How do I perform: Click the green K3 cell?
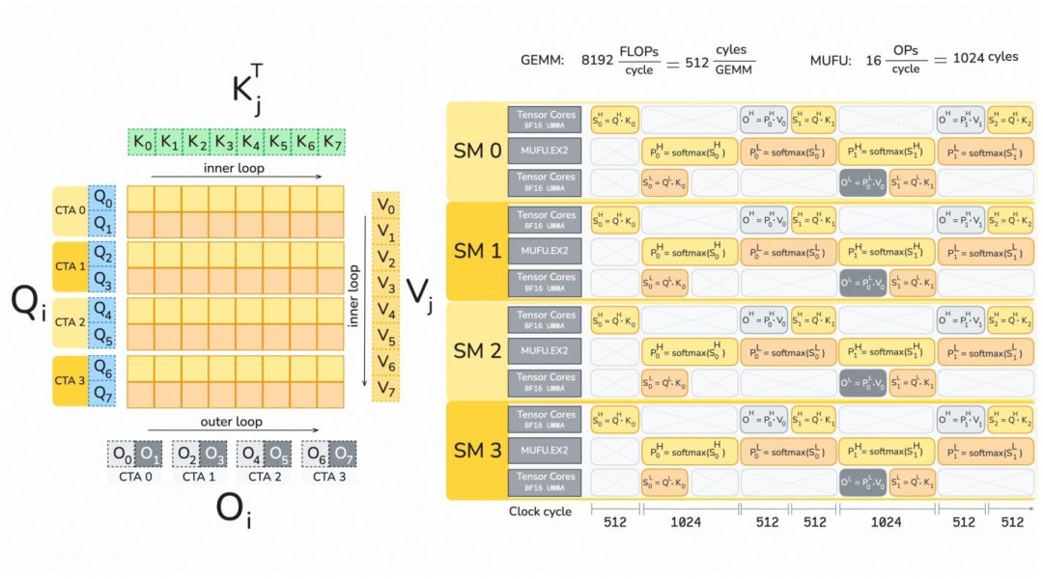pyautogui.click(x=224, y=143)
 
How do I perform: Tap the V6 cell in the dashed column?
pyautogui.click(x=385, y=363)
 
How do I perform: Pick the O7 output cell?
pyautogui.click(x=343, y=453)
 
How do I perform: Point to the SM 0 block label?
pyautogui.click(x=477, y=151)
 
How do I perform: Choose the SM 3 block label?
pyautogui.click(x=477, y=450)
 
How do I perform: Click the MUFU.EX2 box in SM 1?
pyautogui.click(x=545, y=252)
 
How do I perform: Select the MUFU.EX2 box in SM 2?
pyautogui.click(x=545, y=351)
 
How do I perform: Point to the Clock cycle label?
pyautogui.click(x=540, y=511)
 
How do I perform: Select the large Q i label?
pyautogui.click(x=28, y=302)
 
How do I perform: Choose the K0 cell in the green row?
pyautogui.click(x=143, y=143)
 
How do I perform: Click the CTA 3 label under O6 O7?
pyautogui.click(x=328, y=476)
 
